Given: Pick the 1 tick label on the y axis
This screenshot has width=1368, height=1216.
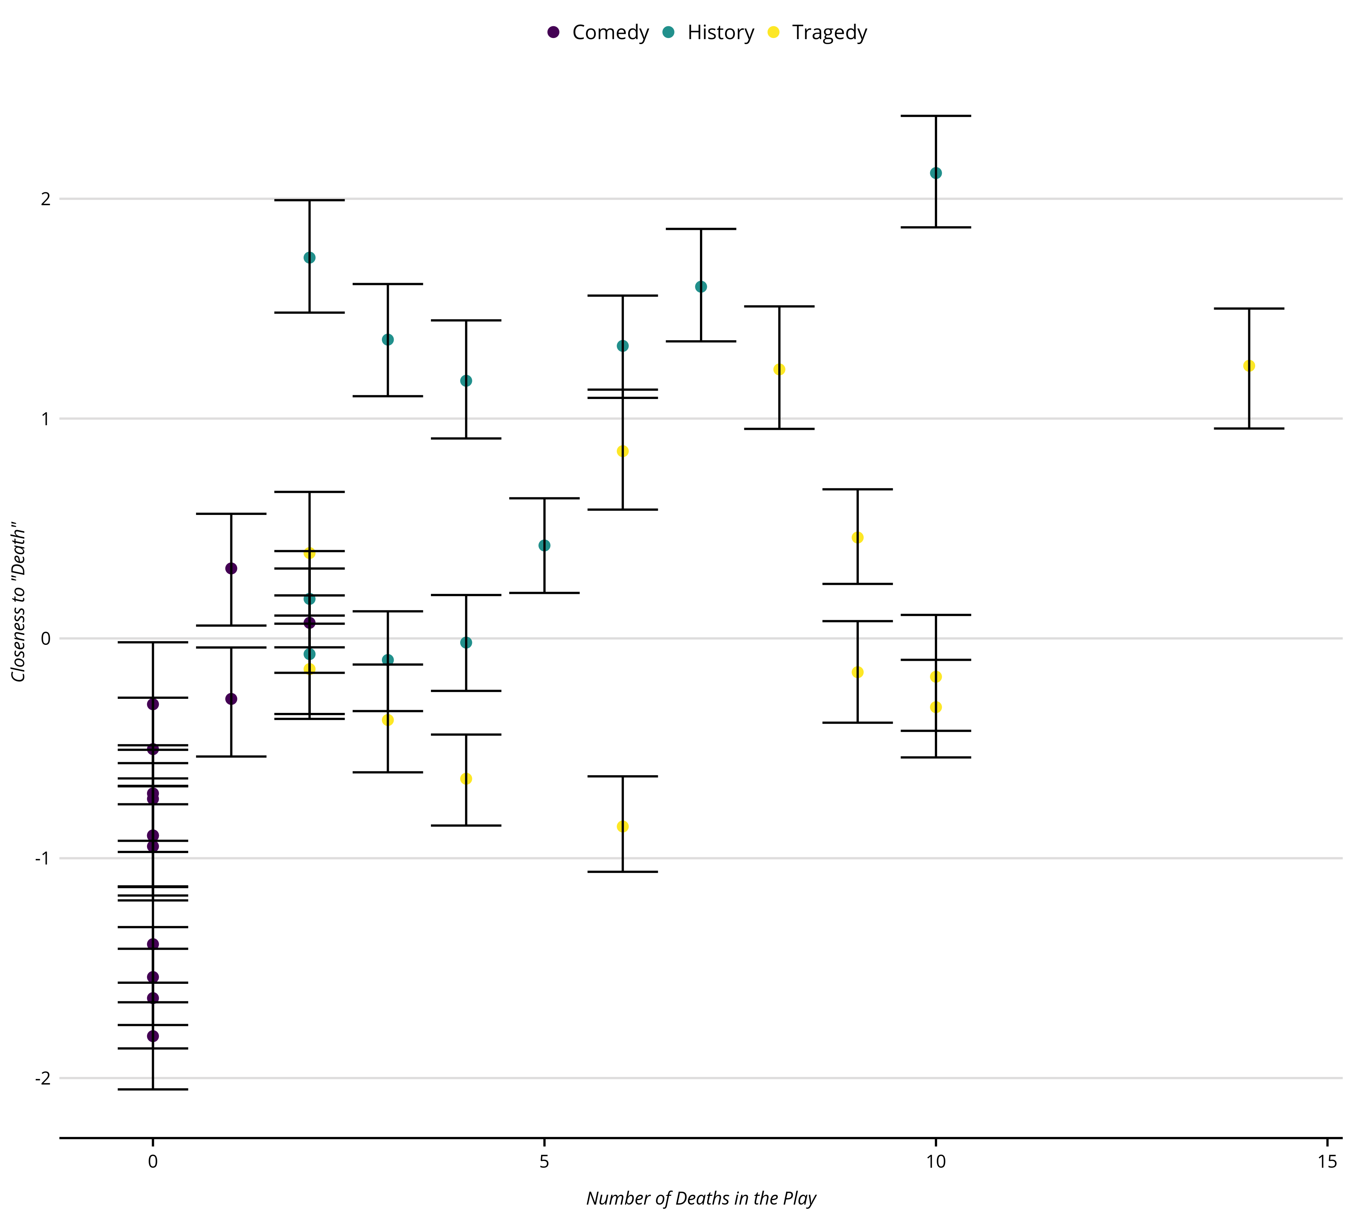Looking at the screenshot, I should tap(46, 419).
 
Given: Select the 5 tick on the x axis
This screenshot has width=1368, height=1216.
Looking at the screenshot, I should tap(544, 1162).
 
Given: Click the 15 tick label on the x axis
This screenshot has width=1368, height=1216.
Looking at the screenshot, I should tap(1327, 1162).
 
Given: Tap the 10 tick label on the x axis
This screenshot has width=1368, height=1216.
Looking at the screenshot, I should tap(936, 1162).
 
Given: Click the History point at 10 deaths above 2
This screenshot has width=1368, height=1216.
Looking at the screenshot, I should tap(936, 173).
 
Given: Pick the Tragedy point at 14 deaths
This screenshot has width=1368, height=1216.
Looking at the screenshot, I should tap(1249, 366).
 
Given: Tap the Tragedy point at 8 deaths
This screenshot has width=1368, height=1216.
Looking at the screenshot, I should tap(779, 369).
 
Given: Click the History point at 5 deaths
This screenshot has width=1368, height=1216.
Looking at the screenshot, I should tap(544, 545).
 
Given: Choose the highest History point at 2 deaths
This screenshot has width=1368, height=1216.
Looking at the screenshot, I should tap(309, 258).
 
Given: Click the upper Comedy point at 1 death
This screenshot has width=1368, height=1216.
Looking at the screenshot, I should tap(231, 568).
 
